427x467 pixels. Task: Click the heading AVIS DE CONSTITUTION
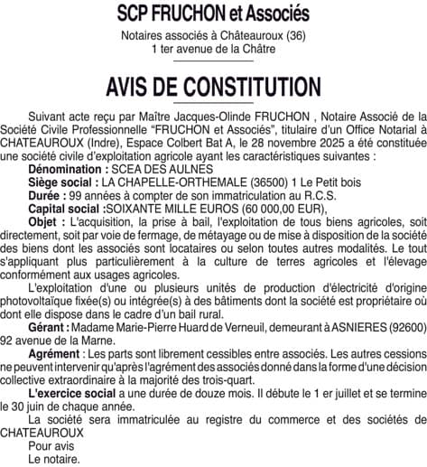coord(213,87)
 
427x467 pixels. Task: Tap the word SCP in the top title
coord(135,14)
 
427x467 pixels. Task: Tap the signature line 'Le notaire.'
coord(54,459)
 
